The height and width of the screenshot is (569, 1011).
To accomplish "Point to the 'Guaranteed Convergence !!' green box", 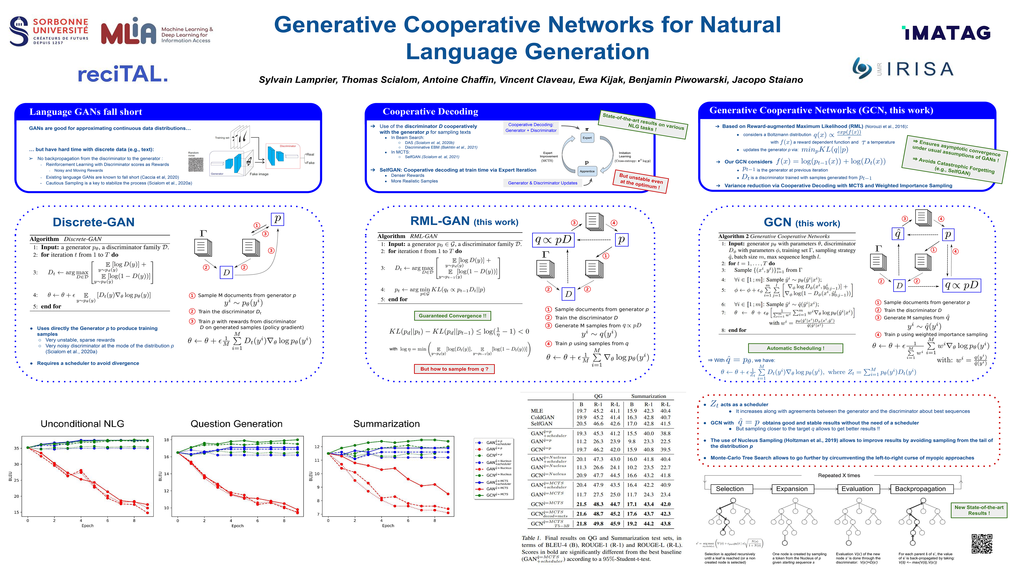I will click(x=452, y=316).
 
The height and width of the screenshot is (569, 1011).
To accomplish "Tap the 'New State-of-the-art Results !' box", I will click(x=979, y=510).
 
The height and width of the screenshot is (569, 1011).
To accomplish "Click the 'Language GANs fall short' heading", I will click(x=86, y=112).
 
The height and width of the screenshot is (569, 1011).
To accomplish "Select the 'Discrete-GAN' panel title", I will click(x=93, y=222).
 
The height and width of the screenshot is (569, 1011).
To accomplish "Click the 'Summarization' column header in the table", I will click(x=648, y=396).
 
